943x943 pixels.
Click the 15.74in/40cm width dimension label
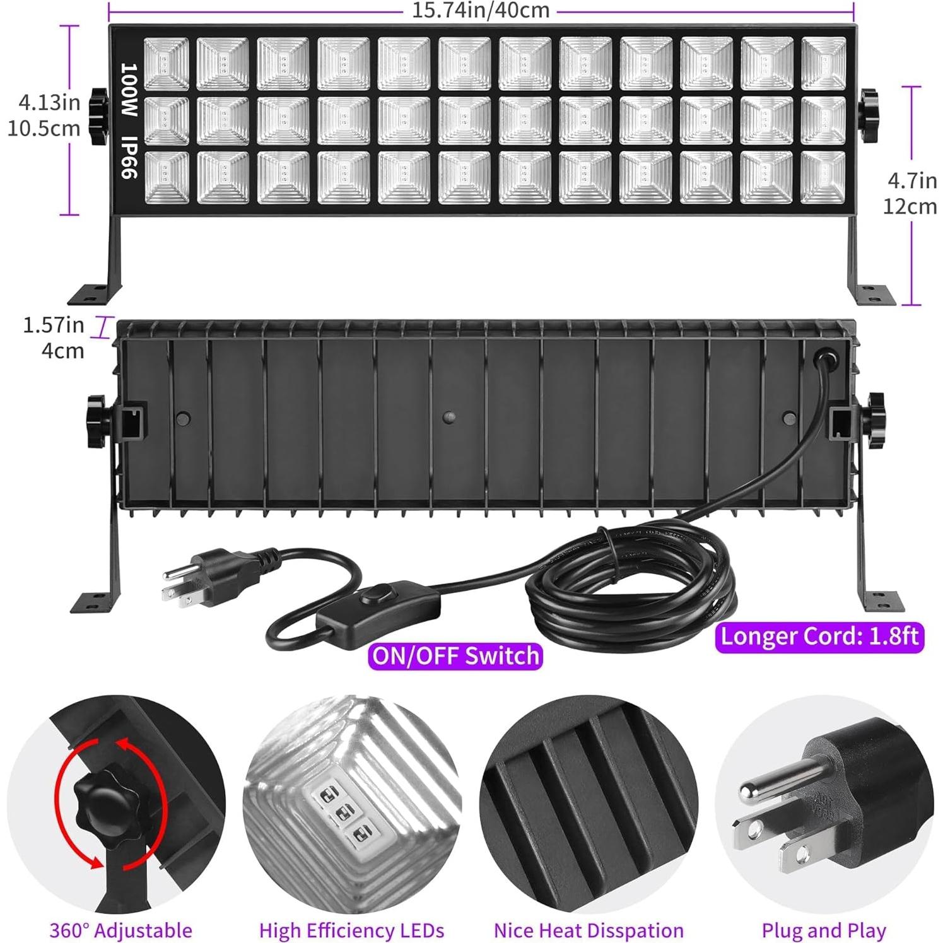click(x=481, y=10)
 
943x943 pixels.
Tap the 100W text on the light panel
click(x=129, y=90)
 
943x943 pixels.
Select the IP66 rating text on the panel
click(x=129, y=158)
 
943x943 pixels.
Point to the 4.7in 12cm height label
click(x=911, y=194)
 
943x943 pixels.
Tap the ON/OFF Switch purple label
click(x=455, y=656)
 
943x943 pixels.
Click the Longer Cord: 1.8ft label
click(x=819, y=636)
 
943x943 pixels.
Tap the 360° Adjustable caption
click(x=121, y=930)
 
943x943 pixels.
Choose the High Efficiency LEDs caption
click(x=351, y=930)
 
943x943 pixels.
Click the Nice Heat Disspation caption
click(x=589, y=930)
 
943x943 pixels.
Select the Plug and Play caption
click(x=824, y=930)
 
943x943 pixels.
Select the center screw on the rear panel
click(x=449, y=418)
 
